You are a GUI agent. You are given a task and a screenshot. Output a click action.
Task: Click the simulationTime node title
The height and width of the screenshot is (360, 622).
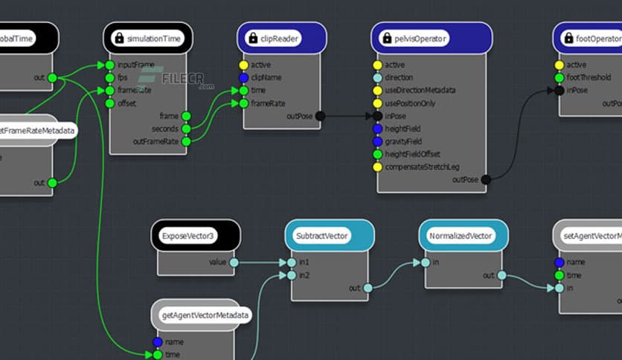coord(155,38)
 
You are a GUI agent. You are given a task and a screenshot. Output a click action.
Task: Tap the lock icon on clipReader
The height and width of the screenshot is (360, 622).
coord(252,38)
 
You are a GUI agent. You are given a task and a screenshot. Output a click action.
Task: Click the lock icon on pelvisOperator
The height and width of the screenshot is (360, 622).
coord(386,38)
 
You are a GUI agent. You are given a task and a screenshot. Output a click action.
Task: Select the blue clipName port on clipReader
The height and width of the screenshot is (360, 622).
coord(243,77)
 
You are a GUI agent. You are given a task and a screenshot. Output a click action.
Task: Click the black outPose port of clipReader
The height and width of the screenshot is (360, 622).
coord(320,116)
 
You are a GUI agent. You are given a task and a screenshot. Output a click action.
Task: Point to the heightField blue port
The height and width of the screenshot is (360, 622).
coord(377,129)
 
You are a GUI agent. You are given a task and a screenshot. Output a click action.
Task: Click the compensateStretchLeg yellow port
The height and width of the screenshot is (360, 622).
coord(377,167)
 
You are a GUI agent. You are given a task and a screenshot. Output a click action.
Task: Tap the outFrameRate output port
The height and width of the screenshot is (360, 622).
coord(186,141)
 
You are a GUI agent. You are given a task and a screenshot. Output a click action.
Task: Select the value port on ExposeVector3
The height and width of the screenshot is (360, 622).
coord(234,262)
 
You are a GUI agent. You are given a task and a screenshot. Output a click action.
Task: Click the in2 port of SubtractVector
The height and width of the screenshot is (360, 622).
coord(292,275)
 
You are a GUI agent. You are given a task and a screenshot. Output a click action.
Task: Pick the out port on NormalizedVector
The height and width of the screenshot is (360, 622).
coord(501,275)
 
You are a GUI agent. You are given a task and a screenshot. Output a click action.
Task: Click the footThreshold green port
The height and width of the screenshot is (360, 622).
coord(559,77)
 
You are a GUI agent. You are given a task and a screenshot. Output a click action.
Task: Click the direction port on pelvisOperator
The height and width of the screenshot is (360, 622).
coord(377,77)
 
